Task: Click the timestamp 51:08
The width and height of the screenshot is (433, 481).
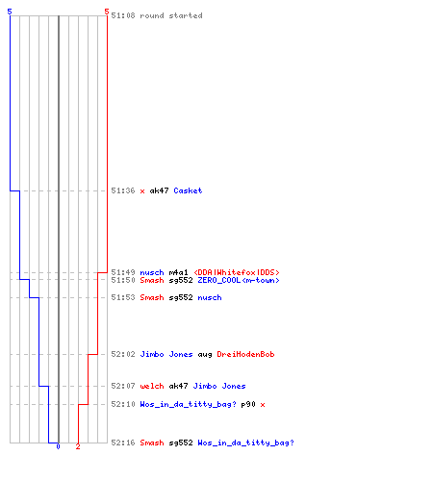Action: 123,15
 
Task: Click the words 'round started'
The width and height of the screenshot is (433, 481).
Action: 171,15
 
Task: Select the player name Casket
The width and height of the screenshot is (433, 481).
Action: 188,190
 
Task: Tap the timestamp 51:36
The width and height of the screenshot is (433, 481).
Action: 123,190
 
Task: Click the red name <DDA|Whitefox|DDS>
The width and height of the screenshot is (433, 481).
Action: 237,272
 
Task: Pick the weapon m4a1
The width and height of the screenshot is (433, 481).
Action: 178,272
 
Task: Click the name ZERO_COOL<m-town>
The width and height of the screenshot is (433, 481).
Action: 239,280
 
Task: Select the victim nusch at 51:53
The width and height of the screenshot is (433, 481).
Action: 210,297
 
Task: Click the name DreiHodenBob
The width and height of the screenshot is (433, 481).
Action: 245,354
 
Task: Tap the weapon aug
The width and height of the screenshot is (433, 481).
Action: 205,355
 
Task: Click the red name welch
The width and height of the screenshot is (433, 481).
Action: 152,386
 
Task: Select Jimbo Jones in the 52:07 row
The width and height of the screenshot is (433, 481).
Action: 219,386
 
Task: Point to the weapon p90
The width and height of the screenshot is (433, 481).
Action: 248,405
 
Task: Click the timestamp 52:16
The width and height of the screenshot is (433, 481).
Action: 123,443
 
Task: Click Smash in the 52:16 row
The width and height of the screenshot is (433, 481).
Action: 152,443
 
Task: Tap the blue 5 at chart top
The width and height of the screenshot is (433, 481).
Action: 10,12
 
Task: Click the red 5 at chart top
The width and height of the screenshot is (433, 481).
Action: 107,12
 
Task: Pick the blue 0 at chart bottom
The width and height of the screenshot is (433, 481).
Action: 58,446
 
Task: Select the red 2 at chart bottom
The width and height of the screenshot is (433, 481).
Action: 78,446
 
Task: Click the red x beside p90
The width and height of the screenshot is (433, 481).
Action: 263,405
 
